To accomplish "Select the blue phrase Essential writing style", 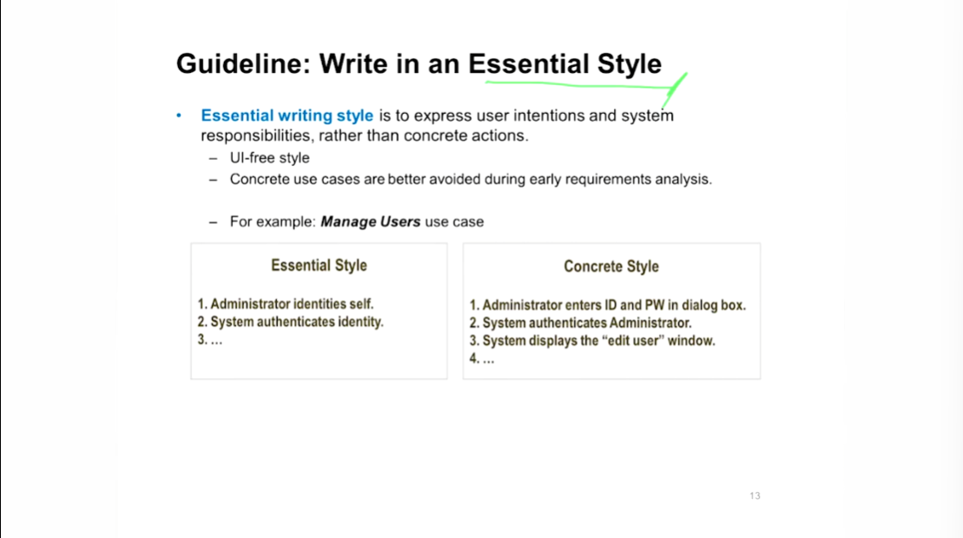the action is click(x=287, y=116).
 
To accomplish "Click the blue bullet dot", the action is click(x=179, y=115).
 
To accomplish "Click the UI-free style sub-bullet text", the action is click(x=269, y=158).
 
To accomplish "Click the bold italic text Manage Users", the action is click(x=370, y=222).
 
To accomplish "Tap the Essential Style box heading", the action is click(x=319, y=266).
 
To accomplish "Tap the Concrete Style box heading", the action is click(x=611, y=266).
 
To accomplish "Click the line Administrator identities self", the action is click(x=285, y=304).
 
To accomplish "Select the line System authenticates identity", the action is click(x=290, y=322).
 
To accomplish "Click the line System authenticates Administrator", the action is click(x=580, y=323).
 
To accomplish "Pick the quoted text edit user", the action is click(x=624, y=341).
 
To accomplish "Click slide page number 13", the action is click(x=755, y=495).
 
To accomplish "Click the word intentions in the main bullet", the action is click(x=549, y=116).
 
